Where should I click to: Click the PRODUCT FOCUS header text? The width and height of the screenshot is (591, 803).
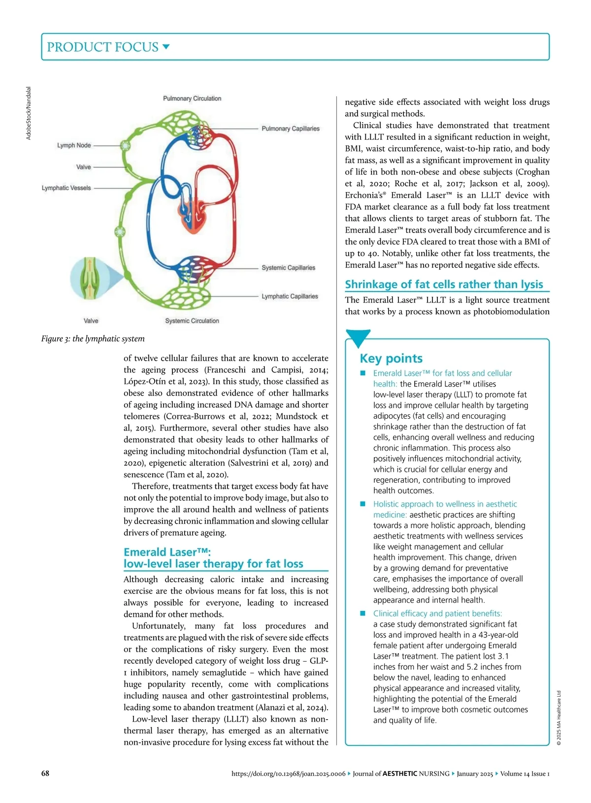click(102, 47)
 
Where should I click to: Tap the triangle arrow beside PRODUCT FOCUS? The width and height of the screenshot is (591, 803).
click(166, 47)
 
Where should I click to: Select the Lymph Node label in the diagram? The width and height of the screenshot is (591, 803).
click(74, 145)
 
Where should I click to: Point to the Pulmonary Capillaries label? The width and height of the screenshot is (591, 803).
click(290, 129)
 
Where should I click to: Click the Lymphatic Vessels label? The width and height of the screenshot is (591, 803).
click(66, 188)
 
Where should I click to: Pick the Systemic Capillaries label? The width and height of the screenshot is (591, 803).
click(288, 268)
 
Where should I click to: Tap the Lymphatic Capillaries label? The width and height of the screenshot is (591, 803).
click(290, 296)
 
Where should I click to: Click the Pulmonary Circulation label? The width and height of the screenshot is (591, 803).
click(192, 99)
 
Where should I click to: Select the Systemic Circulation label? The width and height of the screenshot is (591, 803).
click(192, 321)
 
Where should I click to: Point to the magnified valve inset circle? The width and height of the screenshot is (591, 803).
click(89, 279)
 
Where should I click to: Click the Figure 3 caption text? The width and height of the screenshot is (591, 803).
click(93, 338)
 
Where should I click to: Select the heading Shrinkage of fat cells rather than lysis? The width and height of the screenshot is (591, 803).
click(444, 284)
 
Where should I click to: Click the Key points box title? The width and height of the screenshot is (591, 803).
click(391, 358)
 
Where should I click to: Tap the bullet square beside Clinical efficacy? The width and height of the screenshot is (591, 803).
click(363, 613)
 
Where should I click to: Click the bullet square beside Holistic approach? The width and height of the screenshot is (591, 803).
click(363, 504)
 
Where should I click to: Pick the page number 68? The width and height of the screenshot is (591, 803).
click(45, 773)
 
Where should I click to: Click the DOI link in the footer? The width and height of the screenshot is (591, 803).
click(288, 773)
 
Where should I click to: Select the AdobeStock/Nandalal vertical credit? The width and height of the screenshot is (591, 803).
click(29, 113)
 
